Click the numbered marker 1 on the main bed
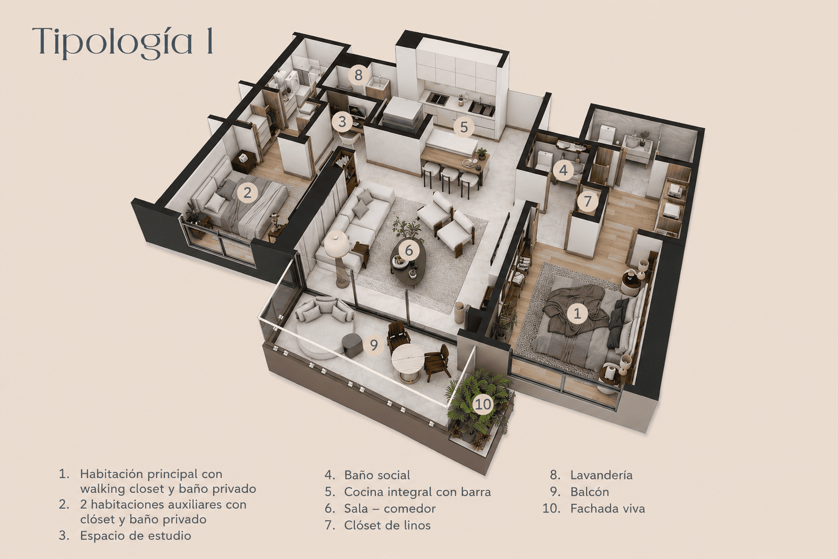577,313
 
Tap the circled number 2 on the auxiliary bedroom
247,193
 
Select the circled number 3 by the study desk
342,122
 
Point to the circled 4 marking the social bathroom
563,171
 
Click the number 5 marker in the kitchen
464,127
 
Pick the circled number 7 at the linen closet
587,201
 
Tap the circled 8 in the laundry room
358,75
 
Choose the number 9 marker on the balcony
374,344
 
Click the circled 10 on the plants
483,404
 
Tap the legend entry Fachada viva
608,508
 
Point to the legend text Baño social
377,475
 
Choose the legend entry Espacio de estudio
135,536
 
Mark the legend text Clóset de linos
387,525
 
